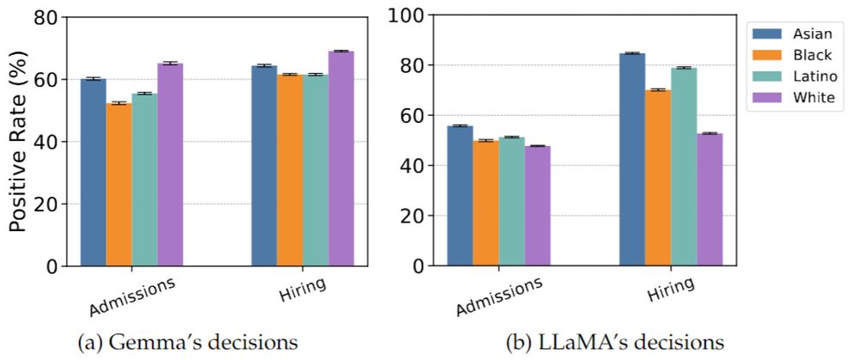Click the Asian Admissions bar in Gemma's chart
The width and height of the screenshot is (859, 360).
[x=93, y=172]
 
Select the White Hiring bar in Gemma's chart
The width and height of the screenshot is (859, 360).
[x=341, y=158]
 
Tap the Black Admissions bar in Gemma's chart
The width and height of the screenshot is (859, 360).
[x=119, y=184]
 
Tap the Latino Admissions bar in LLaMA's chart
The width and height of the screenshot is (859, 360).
[x=512, y=201]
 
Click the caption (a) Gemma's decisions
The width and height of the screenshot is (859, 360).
[x=189, y=343]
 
